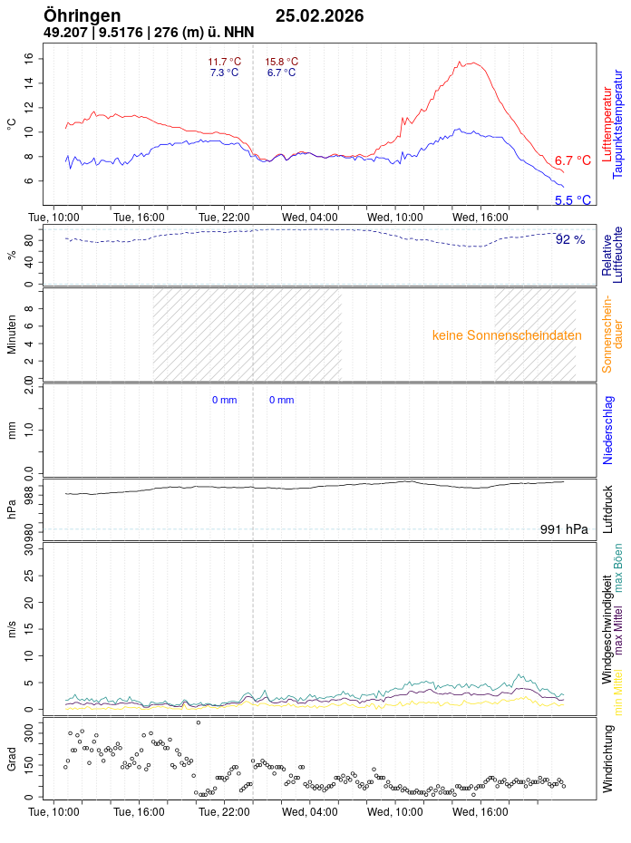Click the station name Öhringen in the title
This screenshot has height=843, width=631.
tap(82, 15)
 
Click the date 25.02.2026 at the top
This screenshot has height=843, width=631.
tap(319, 15)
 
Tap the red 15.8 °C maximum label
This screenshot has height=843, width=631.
tap(281, 62)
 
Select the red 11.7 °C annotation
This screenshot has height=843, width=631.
tap(224, 62)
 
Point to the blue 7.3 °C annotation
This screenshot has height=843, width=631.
tap(224, 73)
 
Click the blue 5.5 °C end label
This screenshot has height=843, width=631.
tap(572, 200)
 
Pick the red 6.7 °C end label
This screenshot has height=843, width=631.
tap(572, 160)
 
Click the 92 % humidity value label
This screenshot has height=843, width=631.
tap(570, 239)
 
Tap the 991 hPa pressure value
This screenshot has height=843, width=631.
tap(563, 529)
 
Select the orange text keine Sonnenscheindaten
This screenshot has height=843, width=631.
tap(507, 335)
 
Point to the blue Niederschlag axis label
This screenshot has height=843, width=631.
tap(608, 430)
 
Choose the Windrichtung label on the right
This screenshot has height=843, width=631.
tap(608, 758)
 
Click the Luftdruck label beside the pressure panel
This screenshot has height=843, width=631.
tap(608, 509)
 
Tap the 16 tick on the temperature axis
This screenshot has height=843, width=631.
tap(28, 58)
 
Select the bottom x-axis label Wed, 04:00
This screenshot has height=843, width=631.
tap(310, 812)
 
